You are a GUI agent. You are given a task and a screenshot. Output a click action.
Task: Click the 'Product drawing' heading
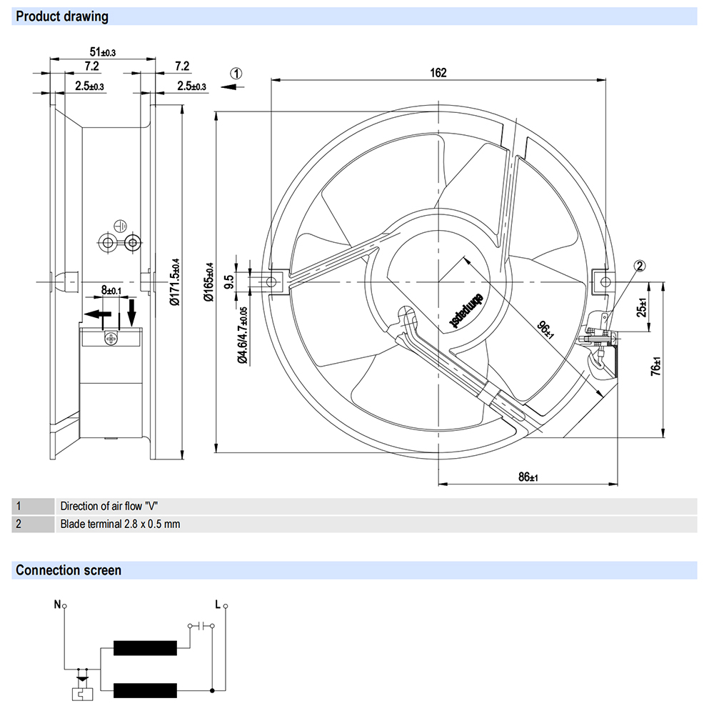click(62, 16)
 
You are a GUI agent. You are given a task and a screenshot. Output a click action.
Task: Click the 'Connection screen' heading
click(69, 570)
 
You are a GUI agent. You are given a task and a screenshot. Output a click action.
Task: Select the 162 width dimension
click(438, 72)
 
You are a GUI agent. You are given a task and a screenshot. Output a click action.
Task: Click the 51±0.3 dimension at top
click(102, 51)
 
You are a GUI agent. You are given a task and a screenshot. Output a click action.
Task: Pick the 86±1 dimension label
click(528, 477)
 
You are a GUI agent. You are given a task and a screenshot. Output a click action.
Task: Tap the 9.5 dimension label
click(228, 282)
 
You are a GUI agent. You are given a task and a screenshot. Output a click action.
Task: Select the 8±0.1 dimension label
click(112, 290)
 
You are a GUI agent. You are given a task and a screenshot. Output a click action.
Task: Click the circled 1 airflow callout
click(236, 73)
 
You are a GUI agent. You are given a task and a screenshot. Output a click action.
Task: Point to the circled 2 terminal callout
click(640, 266)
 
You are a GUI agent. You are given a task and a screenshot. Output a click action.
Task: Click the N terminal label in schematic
click(57, 604)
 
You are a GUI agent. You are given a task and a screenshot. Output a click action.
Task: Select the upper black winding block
click(145, 648)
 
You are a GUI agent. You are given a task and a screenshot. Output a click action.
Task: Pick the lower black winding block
click(145, 691)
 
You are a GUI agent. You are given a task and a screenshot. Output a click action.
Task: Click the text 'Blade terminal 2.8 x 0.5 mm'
click(120, 524)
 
